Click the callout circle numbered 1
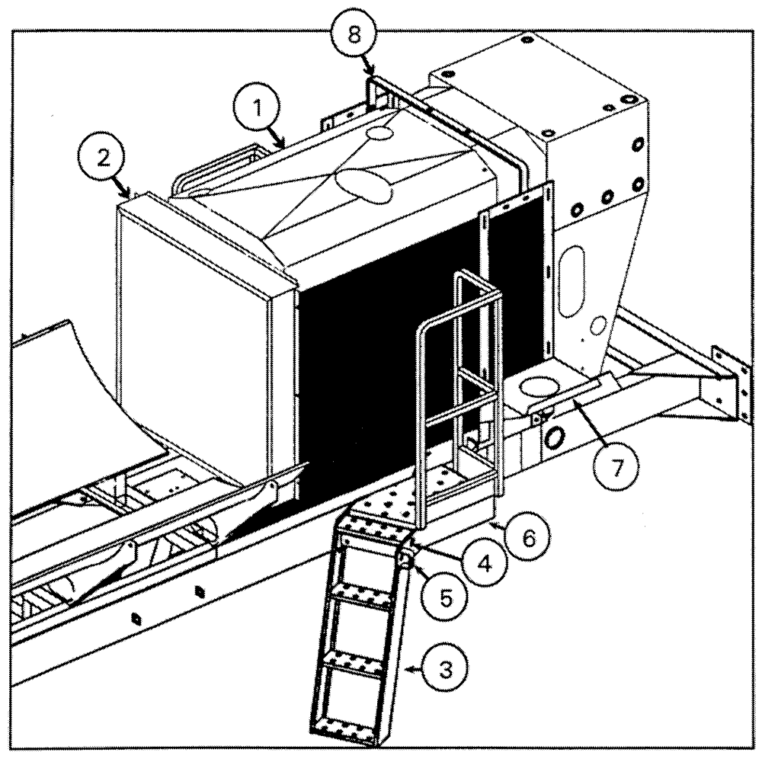pyautogui.click(x=258, y=108)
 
